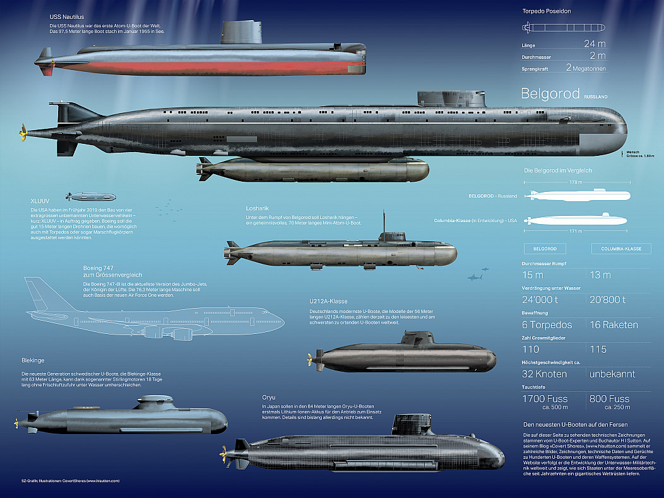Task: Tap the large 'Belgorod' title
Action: click(x=550, y=93)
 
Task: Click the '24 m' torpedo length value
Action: click(x=594, y=44)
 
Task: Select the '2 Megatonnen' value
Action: click(x=586, y=68)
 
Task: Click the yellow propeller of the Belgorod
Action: click(x=23, y=133)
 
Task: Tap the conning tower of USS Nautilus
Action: click(x=242, y=33)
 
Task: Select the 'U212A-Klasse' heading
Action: click(x=328, y=301)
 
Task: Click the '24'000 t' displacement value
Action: click(x=543, y=300)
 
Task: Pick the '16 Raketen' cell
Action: click(x=613, y=324)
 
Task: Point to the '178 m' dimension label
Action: click(x=575, y=182)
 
